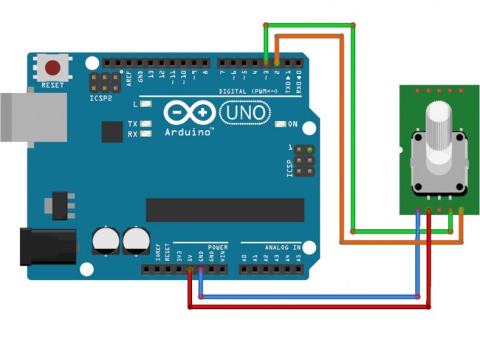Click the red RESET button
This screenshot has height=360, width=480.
(x=52, y=69)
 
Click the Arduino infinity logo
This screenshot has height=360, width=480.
(x=189, y=113)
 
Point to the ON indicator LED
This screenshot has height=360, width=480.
(x=279, y=123)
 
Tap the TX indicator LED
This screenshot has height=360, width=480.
(x=147, y=123)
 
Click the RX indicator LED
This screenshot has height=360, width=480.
(x=147, y=134)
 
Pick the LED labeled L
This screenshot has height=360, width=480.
(x=147, y=104)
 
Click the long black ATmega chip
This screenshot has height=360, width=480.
(x=224, y=209)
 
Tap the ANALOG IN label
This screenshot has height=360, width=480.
(x=282, y=247)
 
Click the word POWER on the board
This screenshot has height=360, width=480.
(x=218, y=247)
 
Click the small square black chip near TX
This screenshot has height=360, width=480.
(x=112, y=132)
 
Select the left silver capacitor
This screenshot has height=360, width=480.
(x=105, y=241)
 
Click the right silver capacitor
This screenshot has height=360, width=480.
(x=135, y=241)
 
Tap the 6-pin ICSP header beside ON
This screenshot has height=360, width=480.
(x=304, y=160)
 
